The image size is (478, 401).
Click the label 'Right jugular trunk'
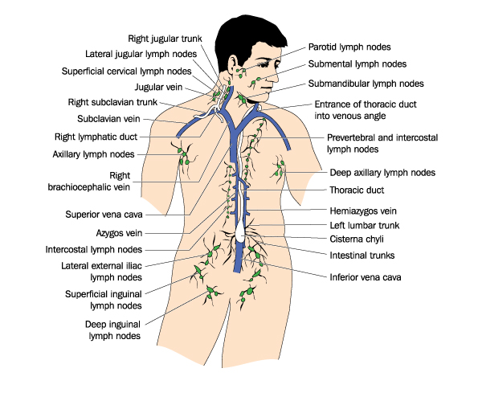click(x=165, y=39)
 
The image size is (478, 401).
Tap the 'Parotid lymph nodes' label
click(x=349, y=47)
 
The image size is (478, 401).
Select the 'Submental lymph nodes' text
click(x=357, y=64)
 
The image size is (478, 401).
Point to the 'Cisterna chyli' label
click(x=357, y=239)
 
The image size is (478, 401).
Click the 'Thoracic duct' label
click(x=357, y=190)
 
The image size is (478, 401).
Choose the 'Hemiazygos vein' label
click(x=363, y=211)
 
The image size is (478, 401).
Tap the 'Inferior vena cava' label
click(x=366, y=277)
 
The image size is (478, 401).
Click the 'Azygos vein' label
click(x=119, y=233)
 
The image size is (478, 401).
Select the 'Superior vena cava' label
click(x=104, y=215)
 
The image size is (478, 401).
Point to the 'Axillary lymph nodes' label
click(x=93, y=154)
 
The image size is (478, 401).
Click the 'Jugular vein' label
click(x=158, y=88)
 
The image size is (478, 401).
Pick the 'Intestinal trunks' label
click(x=362, y=256)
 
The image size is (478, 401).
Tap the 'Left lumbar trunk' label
click(x=365, y=226)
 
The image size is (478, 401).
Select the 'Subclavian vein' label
click(x=108, y=119)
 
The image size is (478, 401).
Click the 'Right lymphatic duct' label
click(x=96, y=137)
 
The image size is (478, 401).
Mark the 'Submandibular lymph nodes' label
click(x=366, y=84)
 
